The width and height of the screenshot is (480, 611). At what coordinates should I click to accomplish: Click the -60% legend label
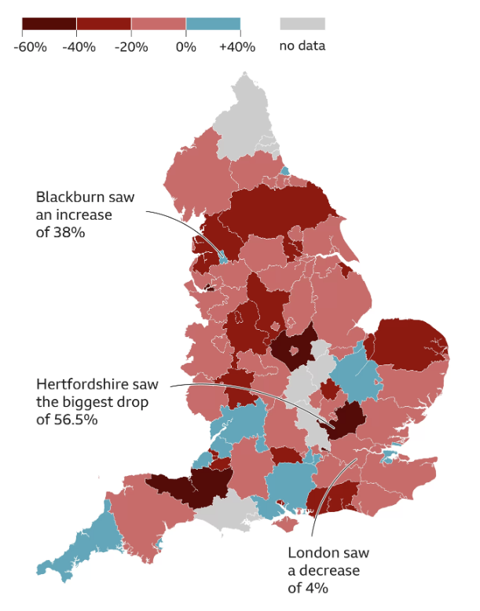click(x=30, y=46)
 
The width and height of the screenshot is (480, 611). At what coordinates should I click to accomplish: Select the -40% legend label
click(x=79, y=46)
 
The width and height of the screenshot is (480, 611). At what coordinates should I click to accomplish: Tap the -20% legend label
click(x=131, y=46)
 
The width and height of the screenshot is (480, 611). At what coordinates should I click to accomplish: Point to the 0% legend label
click(x=185, y=46)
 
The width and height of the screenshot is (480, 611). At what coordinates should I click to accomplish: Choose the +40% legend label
click(x=237, y=46)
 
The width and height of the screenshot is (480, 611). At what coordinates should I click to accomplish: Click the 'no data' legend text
click(x=302, y=46)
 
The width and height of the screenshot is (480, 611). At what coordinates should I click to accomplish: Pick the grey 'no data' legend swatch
click(x=302, y=24)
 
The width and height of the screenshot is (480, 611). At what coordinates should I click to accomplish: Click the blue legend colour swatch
click(x=213, y=24)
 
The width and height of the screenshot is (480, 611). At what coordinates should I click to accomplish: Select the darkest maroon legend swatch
click(x=49, y=24)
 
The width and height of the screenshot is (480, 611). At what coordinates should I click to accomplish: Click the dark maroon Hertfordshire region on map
click(x=346, y=419)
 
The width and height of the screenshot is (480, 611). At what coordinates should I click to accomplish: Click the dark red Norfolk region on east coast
click(x=409, y=342)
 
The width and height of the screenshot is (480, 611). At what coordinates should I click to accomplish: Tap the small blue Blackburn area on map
click(x=223, y=256)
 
